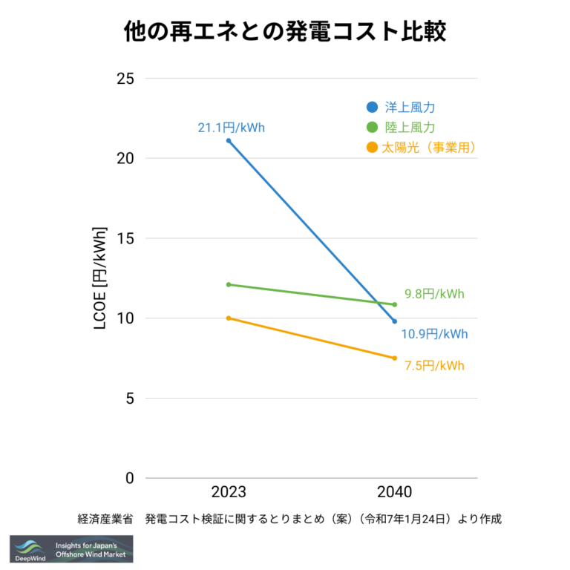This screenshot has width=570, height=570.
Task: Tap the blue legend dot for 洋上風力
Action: click(373, 107)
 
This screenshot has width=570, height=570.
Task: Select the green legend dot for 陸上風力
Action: click(373, 127)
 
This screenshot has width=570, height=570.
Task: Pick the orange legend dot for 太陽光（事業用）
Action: click(373, 148)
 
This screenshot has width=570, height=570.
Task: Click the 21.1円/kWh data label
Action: click(231, 128)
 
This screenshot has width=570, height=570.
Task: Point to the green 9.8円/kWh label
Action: click(434, 293)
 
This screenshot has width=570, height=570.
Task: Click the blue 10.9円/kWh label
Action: click(434, 334)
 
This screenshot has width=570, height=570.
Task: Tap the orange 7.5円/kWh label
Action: click(434, 365)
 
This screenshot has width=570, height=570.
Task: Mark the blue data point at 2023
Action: click(229, 140)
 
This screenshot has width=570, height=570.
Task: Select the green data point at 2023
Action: click(229, 284)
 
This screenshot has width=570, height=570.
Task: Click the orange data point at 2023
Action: click(229, 318)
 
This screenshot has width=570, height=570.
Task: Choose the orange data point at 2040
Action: click(394, 358)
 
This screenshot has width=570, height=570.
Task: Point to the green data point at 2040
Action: click(394, 304)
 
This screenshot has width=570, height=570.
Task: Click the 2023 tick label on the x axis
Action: click(229, 492)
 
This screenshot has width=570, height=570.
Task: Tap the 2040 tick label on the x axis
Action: click(394, 492)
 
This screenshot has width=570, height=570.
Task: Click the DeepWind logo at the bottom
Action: click(71, 548)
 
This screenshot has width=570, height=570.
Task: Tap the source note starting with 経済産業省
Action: click(289, 519)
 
